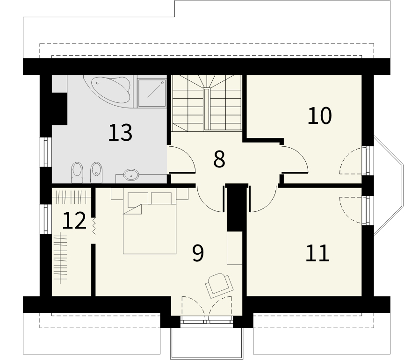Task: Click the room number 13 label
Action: point(120,132)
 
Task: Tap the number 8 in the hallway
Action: point(219,159)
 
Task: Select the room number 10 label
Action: point(319,115)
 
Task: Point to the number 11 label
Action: point(317,253)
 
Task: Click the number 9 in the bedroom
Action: point(198,253)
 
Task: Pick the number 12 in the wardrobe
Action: point(74,220)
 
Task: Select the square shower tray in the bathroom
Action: point(152,93)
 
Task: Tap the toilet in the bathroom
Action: point(77,173)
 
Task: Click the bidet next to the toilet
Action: point(96,173)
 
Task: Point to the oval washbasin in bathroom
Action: point(131,175)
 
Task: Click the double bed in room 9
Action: point(150,223)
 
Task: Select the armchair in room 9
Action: point(219,286)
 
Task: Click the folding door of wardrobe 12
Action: point(94,226)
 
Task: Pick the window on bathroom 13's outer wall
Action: point(46,152)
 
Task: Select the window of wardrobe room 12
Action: point(46,219)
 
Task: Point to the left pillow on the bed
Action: point(138,200)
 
